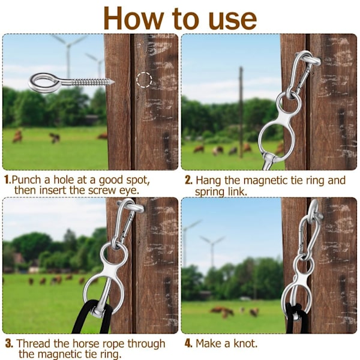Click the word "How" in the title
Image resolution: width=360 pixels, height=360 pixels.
pyautogui.click(x=134, y=19)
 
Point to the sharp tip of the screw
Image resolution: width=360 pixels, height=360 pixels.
pyautogui.click(x=113, y=82)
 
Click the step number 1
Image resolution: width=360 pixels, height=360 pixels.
pyautogui.click(x=7, y=179)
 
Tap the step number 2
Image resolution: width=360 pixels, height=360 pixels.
pyautogui.click(x=188, y=180)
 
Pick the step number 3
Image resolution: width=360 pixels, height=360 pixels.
pyautogui.click(x=9, y=343)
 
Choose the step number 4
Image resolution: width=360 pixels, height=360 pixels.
pyautogui.click(x=188, y=343)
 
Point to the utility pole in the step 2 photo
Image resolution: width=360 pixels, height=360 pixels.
pyautogui.click(x=241, y=112)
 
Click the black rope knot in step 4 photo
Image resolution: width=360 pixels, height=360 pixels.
pyautogui.click(x=294, y=307)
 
